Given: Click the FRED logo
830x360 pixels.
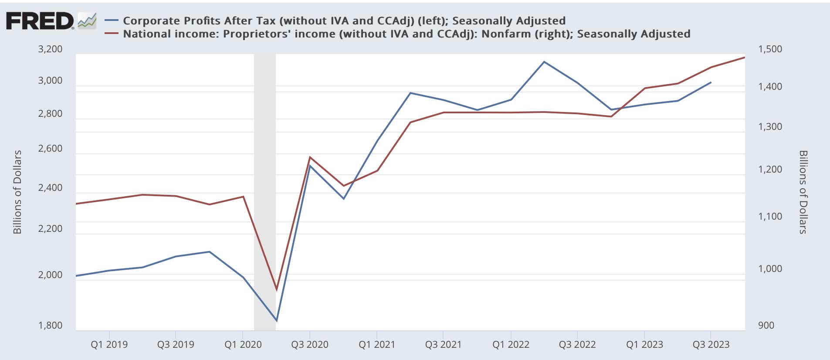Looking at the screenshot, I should pos(40,21).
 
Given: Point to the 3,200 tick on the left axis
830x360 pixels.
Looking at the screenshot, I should pos(50,49).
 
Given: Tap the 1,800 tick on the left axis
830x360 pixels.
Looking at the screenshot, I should pos(50,325).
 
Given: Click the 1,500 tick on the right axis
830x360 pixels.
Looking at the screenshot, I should pos(770,49).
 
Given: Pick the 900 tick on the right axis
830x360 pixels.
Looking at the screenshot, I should pos(766,325).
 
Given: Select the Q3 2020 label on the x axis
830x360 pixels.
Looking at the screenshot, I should pos(309,344).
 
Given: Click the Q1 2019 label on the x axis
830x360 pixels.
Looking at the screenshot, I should pos(109,344).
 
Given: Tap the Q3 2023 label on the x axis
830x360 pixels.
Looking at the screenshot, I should pos(711,344).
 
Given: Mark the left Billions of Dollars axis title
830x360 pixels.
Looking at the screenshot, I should pos(17,192).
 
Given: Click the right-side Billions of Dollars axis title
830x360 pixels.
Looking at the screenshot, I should pos(803,192).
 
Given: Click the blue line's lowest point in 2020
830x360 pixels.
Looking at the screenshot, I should pos(276,321).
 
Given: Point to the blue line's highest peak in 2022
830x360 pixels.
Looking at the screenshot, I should pos(544,61).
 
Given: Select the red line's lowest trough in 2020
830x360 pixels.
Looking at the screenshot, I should pos(276,290).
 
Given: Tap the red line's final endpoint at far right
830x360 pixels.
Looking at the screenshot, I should pos(744,57).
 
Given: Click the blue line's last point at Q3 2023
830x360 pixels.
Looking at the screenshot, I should pos(711,82).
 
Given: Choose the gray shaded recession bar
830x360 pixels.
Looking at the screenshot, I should pos(265,192).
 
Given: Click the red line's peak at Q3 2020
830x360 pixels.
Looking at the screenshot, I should pos(310,157).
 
